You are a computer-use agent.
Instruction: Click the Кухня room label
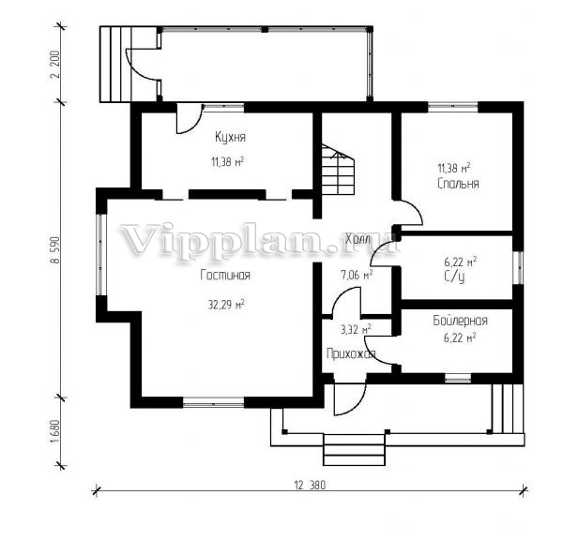click(230, 137)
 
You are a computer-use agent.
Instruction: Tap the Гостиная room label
click(225, 276)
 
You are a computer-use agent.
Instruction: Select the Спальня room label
click(458, 184)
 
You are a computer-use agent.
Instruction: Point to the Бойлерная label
click(460, 321)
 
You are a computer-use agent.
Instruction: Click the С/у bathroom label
click(454, 277)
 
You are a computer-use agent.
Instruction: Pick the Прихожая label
click(351, 354)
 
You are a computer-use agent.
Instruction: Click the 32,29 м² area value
click(226, 305)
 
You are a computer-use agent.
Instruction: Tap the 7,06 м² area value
click(357, 275)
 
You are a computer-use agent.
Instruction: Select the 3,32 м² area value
click(356, 329)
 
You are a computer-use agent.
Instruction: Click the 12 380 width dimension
click(310, 486)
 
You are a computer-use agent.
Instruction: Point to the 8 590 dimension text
click(55, 249)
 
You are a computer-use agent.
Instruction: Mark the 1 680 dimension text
click(55, 431)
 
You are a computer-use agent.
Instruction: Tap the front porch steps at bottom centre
click(354, 450)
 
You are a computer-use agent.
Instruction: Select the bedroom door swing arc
click(412, 213)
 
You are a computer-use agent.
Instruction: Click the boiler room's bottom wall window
click(458, 378)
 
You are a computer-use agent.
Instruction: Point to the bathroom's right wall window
click(518, 267)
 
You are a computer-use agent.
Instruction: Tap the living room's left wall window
click(101, 255)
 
